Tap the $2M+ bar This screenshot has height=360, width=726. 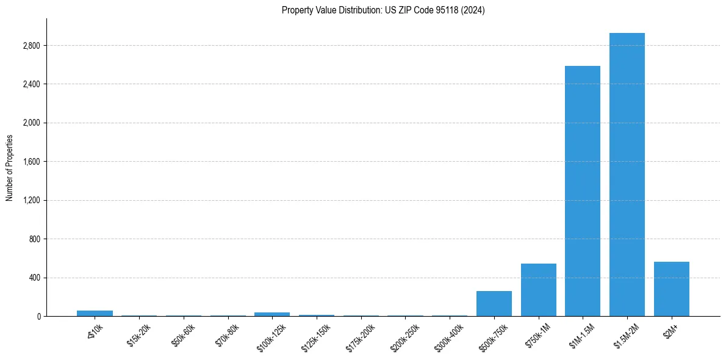[x=671, y=289]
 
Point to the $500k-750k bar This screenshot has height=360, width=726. [x=494, y=303]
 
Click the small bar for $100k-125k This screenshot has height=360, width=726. [x=271, y=314]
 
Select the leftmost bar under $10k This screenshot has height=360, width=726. [x=95, y=313]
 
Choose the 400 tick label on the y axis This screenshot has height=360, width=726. [x=35, y=278]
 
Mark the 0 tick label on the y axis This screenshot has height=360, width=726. [x=38, y=317]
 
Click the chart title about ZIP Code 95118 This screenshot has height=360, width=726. [x=383, y=10]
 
